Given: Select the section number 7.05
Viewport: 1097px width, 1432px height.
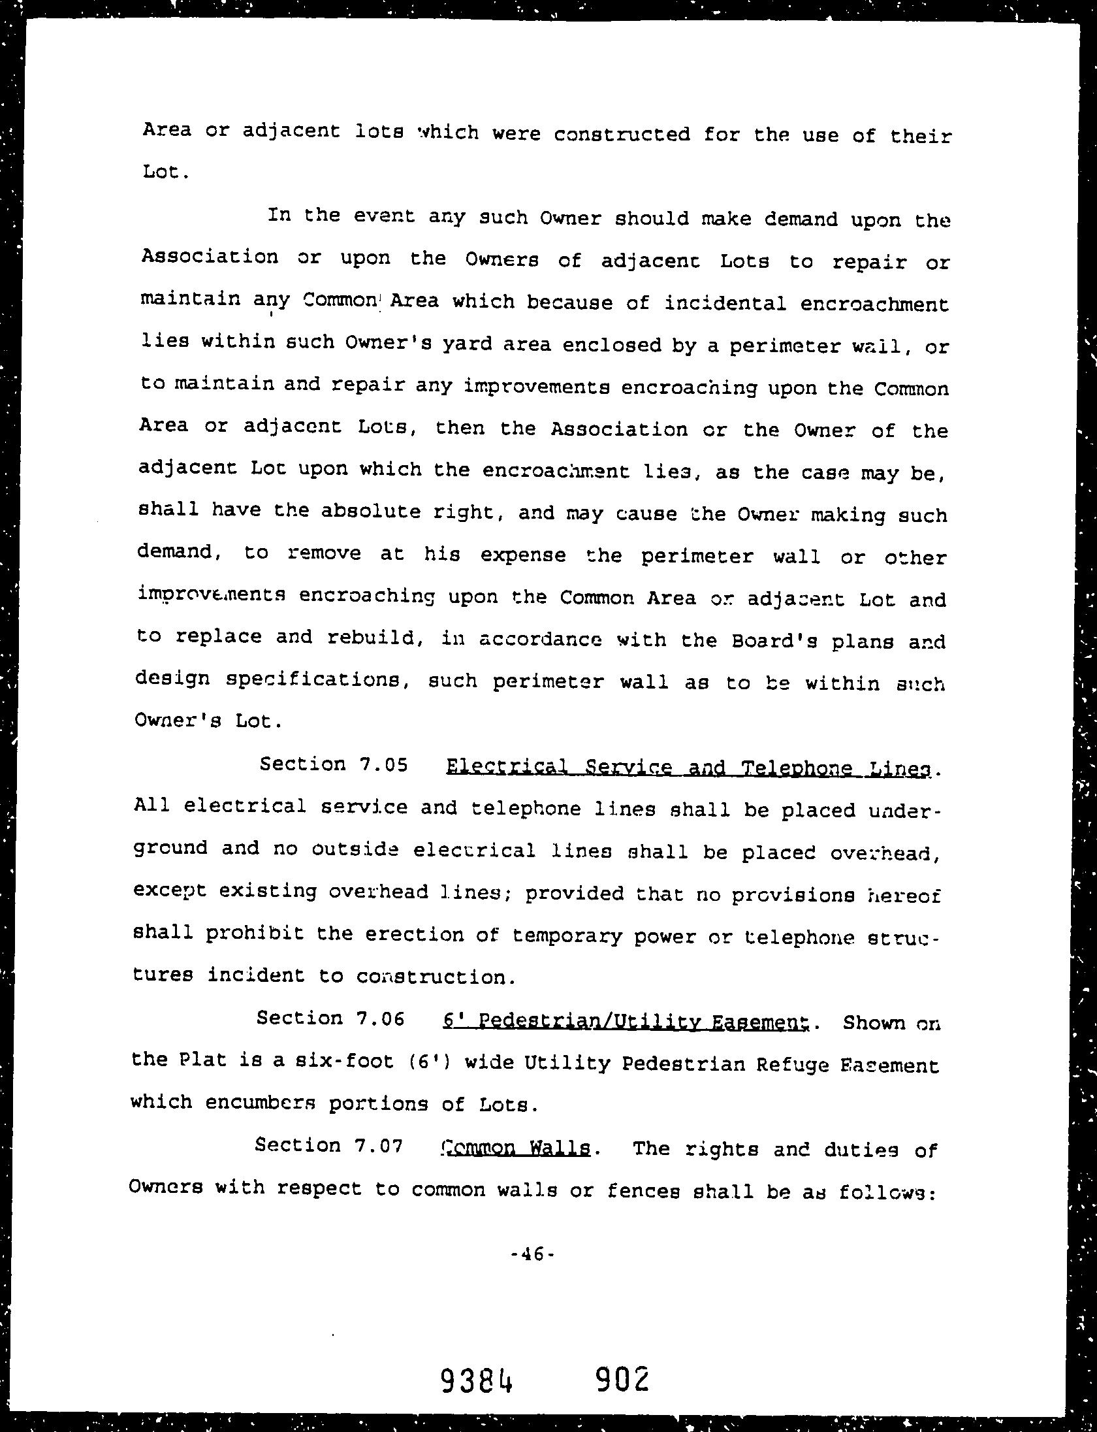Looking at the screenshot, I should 383,764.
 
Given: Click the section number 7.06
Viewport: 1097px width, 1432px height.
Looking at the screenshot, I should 381,1018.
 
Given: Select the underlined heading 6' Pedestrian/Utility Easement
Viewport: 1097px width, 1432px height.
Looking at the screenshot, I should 626,1020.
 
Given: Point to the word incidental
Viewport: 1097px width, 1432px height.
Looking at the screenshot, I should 725,304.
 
